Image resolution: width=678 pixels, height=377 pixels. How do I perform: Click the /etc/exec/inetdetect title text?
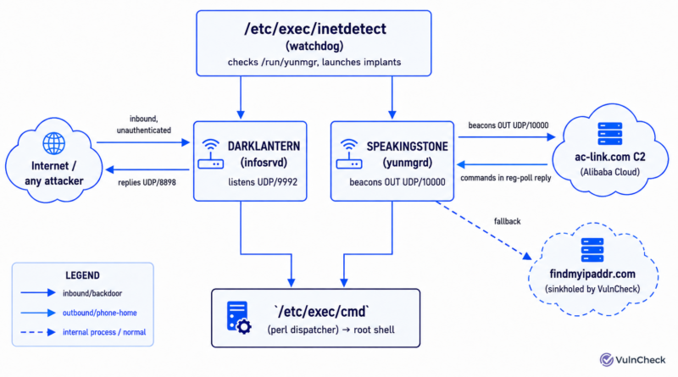pos(315,29)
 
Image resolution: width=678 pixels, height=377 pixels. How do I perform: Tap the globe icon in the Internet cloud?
pos(54,143)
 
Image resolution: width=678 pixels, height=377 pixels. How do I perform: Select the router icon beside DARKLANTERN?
pos(210,154)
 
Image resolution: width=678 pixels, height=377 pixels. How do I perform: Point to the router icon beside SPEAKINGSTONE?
pos(349,154)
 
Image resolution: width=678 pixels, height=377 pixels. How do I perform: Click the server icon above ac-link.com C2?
pos(609,134)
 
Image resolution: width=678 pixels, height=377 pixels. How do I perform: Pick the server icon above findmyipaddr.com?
pos(592,250)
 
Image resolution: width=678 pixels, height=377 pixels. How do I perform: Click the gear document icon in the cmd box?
pos(239,318)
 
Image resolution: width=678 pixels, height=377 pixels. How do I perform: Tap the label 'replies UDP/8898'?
pos(147,182)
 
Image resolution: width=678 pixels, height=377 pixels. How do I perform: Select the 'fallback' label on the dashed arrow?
pos(507,221)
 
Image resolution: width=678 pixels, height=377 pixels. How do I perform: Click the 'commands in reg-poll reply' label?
pos(505,178)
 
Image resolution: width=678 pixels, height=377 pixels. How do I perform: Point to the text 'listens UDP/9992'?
pos(263,182)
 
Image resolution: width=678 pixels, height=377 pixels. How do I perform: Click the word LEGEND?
pos(82,275)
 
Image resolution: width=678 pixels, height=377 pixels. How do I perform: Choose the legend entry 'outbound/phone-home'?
pos(99,313)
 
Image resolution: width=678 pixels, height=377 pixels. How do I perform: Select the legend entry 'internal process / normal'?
pos(104,332)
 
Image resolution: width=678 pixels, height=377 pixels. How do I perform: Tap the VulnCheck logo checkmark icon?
pos(606,359)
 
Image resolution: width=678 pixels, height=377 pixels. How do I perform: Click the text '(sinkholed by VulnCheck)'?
pos(592,289)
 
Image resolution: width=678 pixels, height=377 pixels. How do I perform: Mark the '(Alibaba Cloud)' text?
pos(609,172)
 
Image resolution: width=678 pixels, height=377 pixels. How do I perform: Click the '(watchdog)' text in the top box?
pos(314,46)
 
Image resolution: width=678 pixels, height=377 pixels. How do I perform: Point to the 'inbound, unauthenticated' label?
pos(144,125)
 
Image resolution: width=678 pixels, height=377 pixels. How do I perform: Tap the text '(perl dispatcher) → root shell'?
pos(331,330)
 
